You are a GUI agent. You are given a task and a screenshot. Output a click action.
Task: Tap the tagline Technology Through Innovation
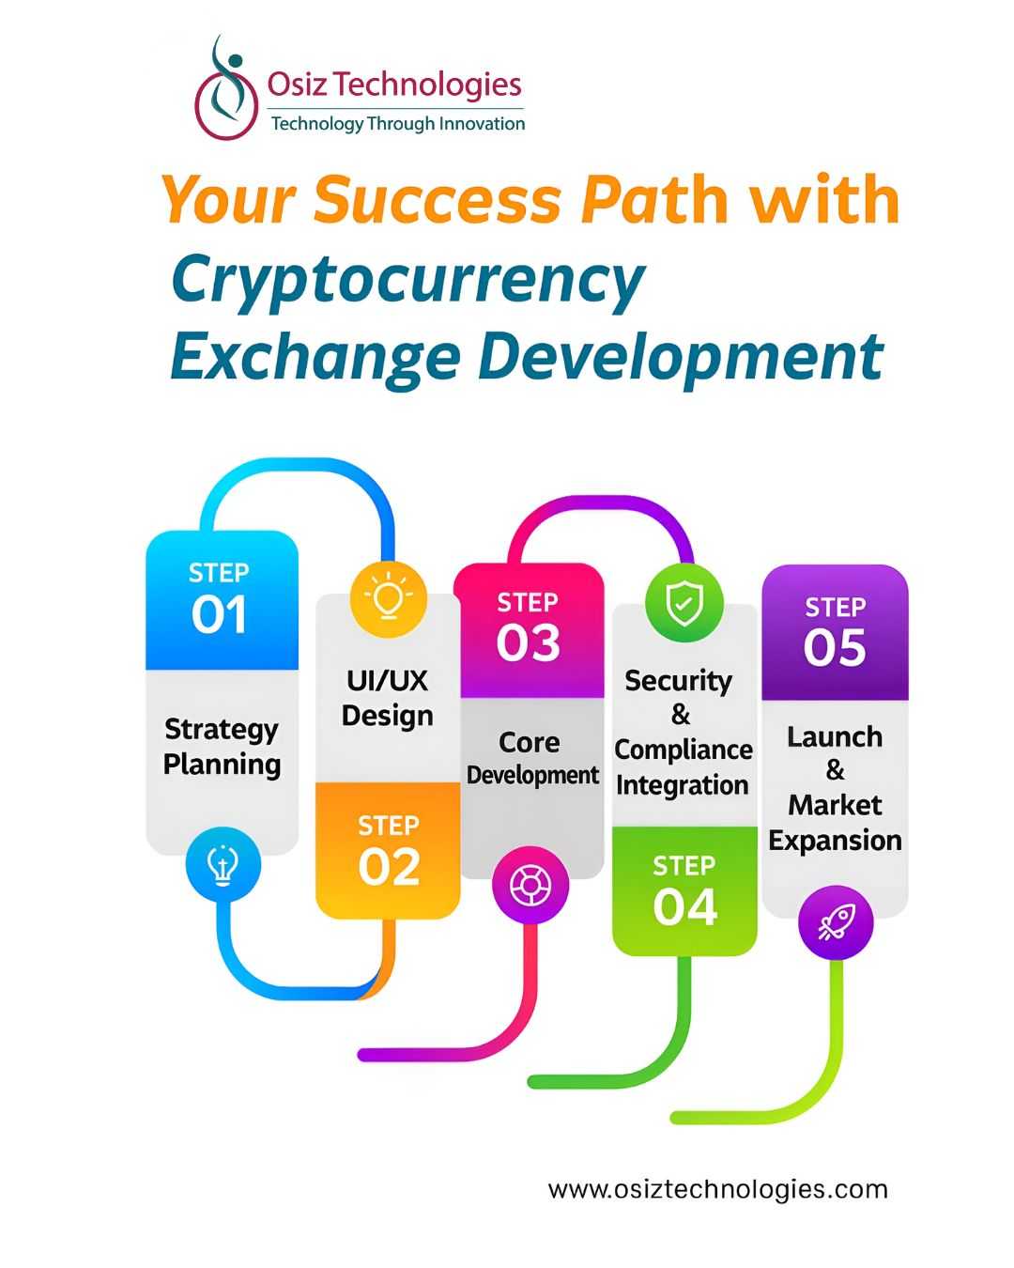coord(398,124)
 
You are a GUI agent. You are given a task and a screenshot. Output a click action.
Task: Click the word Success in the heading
coord(437,200)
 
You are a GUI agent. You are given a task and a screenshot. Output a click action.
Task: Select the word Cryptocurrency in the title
coord(408,281)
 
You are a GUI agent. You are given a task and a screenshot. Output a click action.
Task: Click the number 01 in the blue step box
coord(219,614)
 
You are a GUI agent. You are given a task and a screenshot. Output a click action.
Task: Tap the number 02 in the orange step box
coord(389,867)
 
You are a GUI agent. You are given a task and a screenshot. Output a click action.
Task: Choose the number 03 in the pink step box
coord(528,642)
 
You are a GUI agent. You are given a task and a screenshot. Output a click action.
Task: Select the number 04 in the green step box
coord(684,906)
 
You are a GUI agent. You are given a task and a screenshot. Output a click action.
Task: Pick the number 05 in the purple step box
coord(835,647)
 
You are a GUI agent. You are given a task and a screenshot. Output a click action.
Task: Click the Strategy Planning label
coord(222,747)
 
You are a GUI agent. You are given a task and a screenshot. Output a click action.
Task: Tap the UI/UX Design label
coord(388,700)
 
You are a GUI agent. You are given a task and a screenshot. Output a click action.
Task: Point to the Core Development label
coord(532,759)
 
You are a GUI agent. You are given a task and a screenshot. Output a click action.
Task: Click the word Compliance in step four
coord(684,750)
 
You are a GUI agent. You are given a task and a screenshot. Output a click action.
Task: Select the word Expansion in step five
coord(835,841)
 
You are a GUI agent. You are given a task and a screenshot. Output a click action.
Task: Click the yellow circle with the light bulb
coord(389,599)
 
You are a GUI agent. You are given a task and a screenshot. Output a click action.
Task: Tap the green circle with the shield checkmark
coord(684,603)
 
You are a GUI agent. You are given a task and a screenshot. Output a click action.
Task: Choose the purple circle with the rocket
coord(836,923)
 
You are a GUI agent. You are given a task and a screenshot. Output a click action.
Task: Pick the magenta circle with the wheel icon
coord(530,885)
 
